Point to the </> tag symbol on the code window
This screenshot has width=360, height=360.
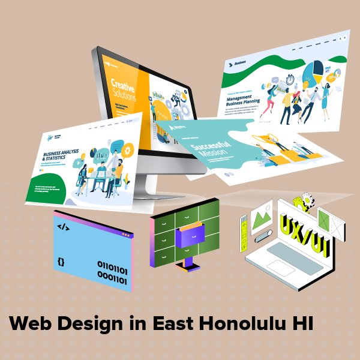[x=63, y=227]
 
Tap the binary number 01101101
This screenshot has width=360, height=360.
[x=112, y=265]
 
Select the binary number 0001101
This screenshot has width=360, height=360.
[x=112, y=278]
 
